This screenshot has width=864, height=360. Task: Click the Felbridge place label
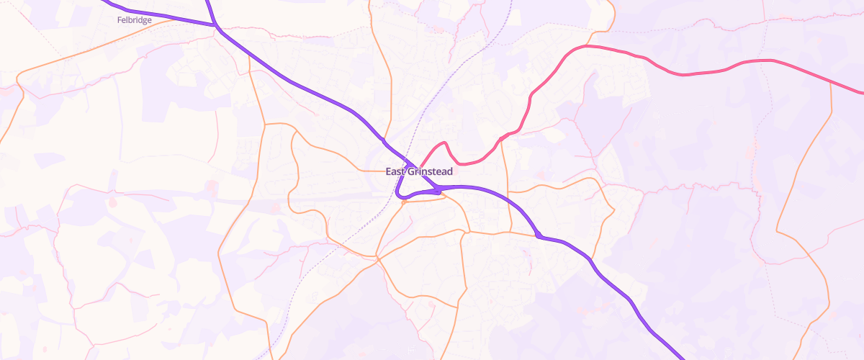[x=134, y=20]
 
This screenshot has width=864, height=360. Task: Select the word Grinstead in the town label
[x=430, y=171]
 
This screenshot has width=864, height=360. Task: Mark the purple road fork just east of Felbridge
[x=215, y=25]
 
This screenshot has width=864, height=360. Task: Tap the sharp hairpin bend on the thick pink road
[x=446, y=143]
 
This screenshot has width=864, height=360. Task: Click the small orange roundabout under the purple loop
[x=405, y=202]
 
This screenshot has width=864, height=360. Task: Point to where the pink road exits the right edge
[x=862, y=93]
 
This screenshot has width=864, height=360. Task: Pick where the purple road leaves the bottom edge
[x=683, y=358]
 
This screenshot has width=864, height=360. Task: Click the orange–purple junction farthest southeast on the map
[x=538, y=235]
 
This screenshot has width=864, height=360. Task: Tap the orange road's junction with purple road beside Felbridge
[x=215, y=25]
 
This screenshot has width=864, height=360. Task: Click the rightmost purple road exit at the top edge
[x=209, y=1]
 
